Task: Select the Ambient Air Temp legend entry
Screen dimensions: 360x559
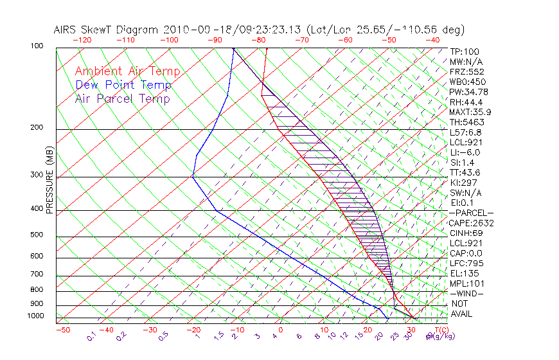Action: click(x=127, y=72)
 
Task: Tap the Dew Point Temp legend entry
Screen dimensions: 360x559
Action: click(x=123, y=85)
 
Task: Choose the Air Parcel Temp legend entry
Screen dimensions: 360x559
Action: click(x=122, y=98)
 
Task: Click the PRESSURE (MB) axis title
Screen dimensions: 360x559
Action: click(x=50, y=181)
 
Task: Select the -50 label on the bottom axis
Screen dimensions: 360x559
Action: click(x=62, y=330)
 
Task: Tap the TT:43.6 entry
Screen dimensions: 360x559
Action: click(x=465, y=172)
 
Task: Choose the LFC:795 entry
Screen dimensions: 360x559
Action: click(x=467, y=263)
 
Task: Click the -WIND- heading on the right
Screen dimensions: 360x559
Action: click(x=467, y=293)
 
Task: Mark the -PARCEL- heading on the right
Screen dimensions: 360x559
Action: click(x=472, y=213)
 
